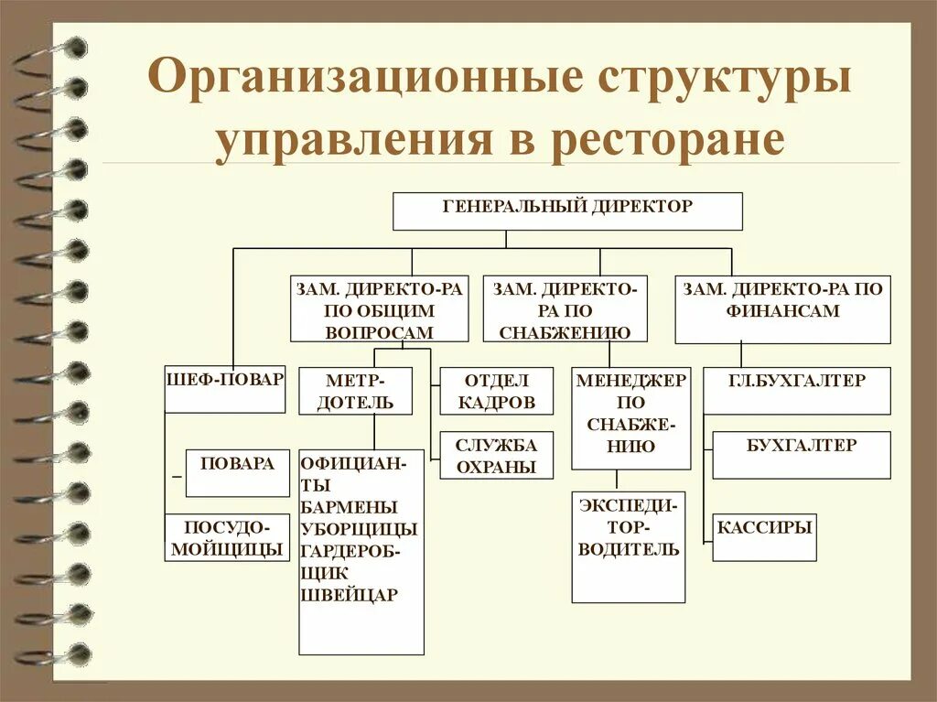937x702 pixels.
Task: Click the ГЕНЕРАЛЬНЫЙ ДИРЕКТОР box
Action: click(567, 211)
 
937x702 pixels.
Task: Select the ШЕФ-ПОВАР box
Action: click(225, 389)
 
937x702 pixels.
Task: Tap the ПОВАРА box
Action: click(237, 472)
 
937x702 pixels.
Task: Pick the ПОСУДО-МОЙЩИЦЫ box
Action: click(226, 538)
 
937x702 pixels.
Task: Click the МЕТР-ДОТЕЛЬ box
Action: click(355, 390)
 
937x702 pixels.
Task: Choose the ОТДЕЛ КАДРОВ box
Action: click(497, 390)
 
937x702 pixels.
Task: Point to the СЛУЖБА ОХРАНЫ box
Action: click(497, 454)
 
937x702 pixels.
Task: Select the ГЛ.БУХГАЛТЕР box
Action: click(796, 390)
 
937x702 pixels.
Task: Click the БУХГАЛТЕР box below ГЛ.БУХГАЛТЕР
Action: click(801, 454)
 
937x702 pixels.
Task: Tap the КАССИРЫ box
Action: click(763, 536)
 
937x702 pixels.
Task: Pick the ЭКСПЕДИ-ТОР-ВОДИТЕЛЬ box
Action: click(628, 546)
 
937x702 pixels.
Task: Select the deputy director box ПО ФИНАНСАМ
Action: click(783, 309)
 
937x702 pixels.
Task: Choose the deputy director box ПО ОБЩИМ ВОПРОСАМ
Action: click(378, 309)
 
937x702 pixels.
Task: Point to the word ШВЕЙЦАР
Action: click(349, 594)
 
